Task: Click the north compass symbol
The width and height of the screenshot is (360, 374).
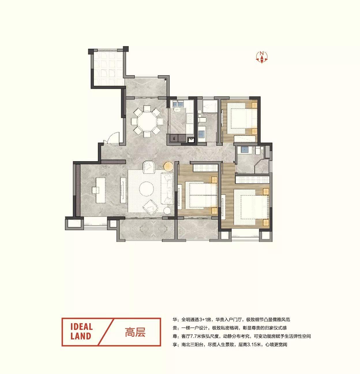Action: pos(262,57)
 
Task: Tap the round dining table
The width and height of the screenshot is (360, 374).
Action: pos(147,121)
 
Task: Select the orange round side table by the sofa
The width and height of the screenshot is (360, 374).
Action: pos(169,166)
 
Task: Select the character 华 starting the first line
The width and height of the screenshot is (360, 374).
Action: pos(175,320)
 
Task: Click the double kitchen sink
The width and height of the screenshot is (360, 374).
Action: pos(178,104)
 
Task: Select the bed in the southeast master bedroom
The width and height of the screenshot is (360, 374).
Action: pos(251,207)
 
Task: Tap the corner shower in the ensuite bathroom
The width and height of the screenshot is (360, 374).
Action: pos(262,166)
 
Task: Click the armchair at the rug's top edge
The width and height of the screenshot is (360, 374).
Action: pos(149,167)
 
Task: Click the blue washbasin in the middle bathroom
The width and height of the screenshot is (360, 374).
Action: pos(202,133)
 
